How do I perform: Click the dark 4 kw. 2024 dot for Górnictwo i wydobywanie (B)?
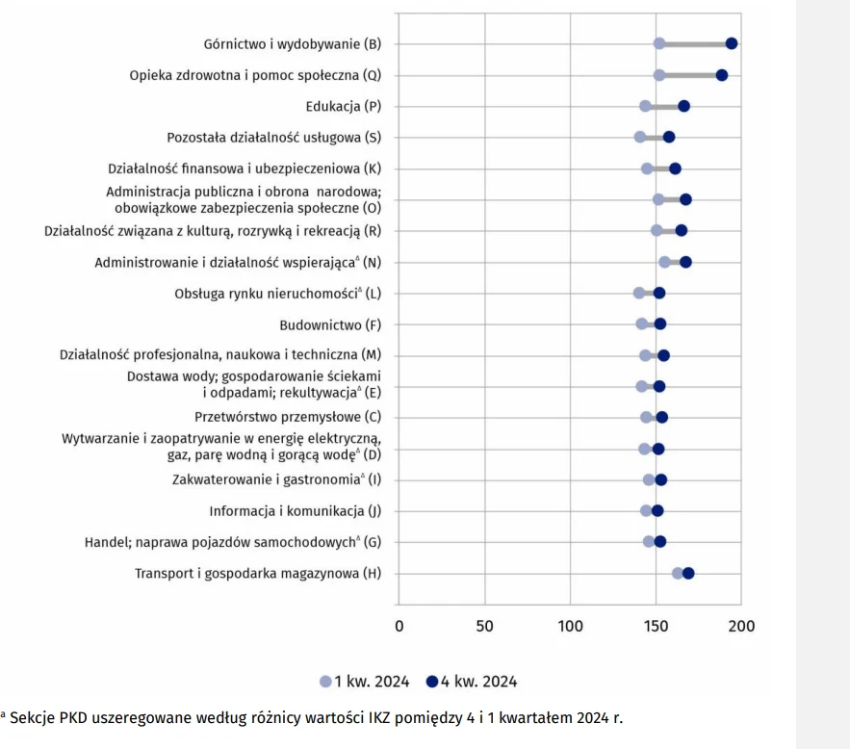(x=732, y=43)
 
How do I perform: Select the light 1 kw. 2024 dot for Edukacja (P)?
(x=645, y=106)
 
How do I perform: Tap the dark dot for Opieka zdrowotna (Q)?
(x=722, y=75)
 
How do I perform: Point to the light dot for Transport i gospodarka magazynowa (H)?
(x=678, y=574)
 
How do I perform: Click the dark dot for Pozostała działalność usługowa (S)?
(x=669, y=137)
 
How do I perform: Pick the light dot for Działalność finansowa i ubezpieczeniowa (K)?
(x=647, y=168)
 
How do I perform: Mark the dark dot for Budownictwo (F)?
(x=660, y=324)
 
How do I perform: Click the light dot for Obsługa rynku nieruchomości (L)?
(x=639, y=293)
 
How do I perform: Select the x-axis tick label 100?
(x=570, y=627)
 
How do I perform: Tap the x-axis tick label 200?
(x=741, y=627)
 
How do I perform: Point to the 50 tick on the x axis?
(x=485, y=627)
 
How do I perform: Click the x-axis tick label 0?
(x=399, y=627)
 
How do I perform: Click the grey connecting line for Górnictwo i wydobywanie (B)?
(x=695, y=43)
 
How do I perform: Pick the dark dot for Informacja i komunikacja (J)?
(x=657, y=511)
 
